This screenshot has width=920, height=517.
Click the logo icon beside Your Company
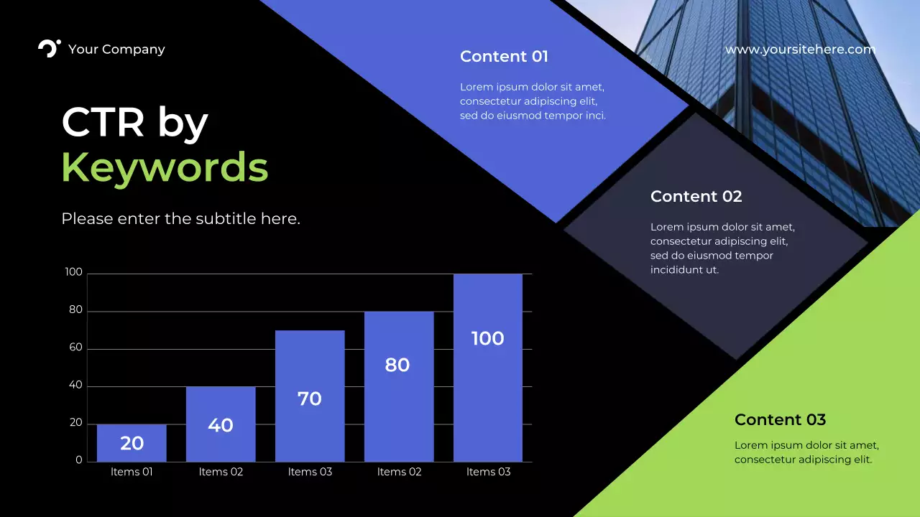(49, 49)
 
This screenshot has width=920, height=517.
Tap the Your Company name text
(116, 50)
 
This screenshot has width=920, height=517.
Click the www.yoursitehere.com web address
(800, 50)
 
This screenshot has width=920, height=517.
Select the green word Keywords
(165, 167)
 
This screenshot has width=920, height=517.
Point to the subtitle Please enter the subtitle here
(180, 219)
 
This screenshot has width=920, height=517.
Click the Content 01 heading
(504, 57)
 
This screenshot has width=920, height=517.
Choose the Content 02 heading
(696, 197)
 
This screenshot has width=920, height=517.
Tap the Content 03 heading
(780, 420)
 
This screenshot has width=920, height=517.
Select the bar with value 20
(132, 443)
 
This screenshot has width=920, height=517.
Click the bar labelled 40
(221, 424)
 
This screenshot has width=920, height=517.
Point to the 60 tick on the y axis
(75, 348)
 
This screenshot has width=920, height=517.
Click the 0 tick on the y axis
(79, 460)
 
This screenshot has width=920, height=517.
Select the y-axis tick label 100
(74, 273)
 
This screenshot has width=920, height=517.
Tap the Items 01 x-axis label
(132, 472)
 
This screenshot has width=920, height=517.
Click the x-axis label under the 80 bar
(399, 472)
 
